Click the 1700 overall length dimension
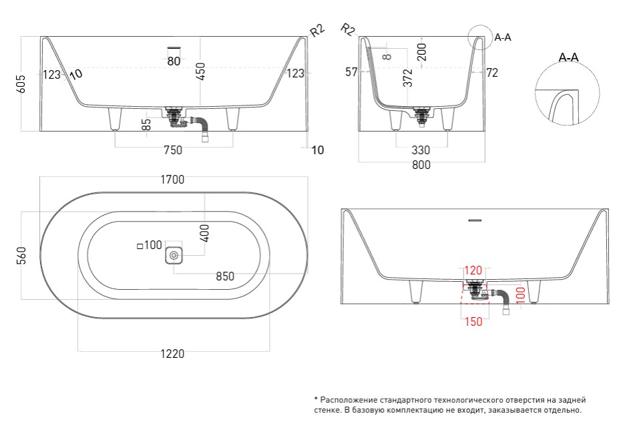pyautogui.click(x=172, y=179)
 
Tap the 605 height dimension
pyautogui.click(x=21, y=83)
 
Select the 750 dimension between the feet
pyautogui.click(x=172, y=150)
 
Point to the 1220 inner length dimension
pyautogui.click(x=172, y=354)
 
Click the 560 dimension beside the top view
pyautogui.click(x=21, y=256)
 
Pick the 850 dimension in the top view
pyautogui.click(x=229, y=276)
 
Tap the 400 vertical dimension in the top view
pyautogui.click(x=204, y=233)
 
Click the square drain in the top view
pyautogui.click(x=174, y=255)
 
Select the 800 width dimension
pyautogui.click(x=421, y=165)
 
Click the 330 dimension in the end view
pyautogui.click(x=420, y=150)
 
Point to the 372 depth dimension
pyautogui.click(x=408, y=78)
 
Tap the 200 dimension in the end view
pyautogui.click(x=422, y=51)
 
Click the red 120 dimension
pyautogui.click(x=473, y=270)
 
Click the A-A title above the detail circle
pyautogui.click(x=568, y=58)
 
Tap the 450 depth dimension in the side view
pyautogui.click(x=200, y=70)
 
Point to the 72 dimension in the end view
pyautogui.click(x=492, y=73)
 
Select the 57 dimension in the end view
pyautogui.click(x=352, y=73)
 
